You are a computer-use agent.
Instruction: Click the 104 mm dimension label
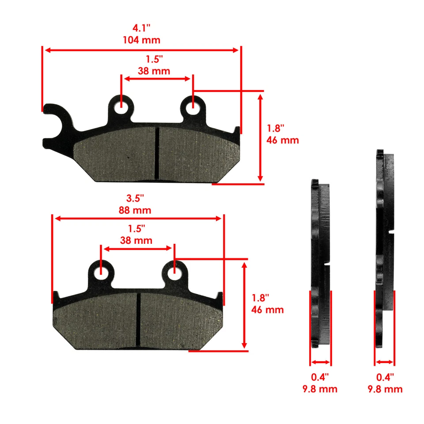tap(142, 40)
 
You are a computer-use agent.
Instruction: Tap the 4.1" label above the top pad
tap(142, 27)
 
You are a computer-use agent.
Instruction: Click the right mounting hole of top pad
tap(193, 106)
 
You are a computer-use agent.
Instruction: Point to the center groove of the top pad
tap(157, 153)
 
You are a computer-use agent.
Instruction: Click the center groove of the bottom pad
tap(138, 319)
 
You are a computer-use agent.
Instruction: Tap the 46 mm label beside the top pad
tap(283, 140)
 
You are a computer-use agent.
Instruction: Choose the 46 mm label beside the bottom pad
tap(267, 310)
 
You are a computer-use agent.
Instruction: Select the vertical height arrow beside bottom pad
tap(244, 305)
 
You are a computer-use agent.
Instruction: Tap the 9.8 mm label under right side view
tap(385, 389)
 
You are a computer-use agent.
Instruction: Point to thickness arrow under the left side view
tap(320, 362)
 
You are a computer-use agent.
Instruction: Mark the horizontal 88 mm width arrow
tap(137, 219)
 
